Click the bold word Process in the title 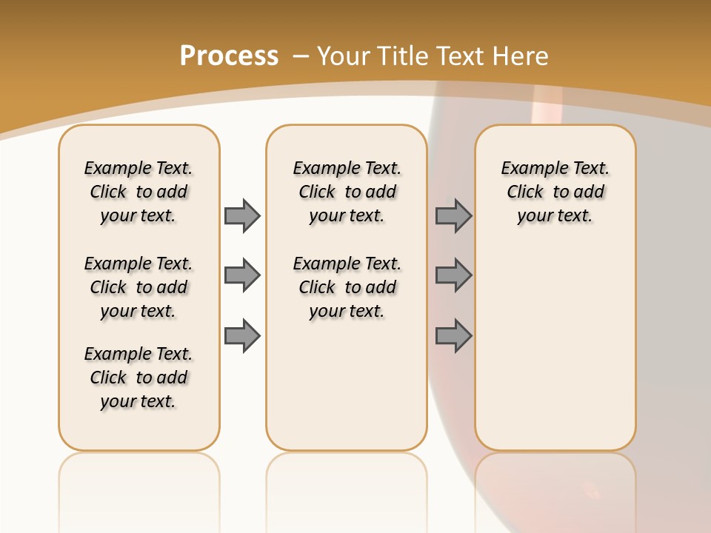click(229, 56)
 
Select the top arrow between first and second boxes click(242, 215)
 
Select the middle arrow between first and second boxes click(242, 275)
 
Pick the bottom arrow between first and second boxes click(242, 335)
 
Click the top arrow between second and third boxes click(453, 215)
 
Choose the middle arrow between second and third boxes click(453, 275)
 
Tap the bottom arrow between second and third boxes click(453, 335)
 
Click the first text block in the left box click(138, 192)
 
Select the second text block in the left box click(138, 287)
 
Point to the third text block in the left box click(138, 378)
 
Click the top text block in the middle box click(347, 192)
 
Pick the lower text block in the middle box click(347, 287)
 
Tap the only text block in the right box click(555, 192)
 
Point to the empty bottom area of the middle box click(347, 392)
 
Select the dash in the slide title click(301, 56)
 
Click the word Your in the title click(344, 56)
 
